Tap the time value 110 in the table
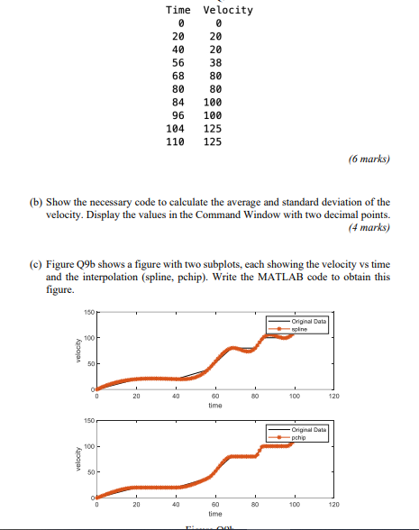178,142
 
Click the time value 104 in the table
178,129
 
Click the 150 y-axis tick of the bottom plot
89,419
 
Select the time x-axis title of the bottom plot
214,515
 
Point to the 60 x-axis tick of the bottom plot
214,505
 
